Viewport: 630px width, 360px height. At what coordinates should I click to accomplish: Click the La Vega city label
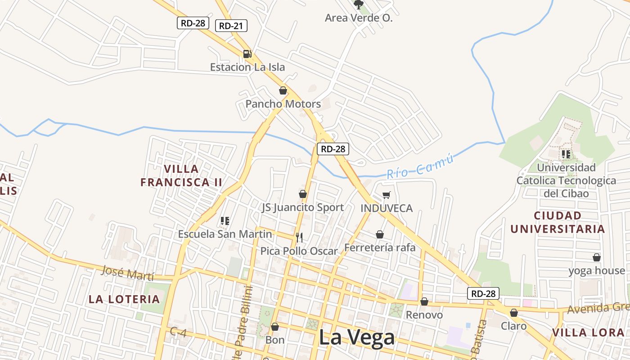(x=356, y=337)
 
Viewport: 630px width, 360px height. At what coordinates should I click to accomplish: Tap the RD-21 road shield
(x=231, y=26)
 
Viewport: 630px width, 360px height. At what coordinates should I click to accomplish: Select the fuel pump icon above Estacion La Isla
(x=247, y=54)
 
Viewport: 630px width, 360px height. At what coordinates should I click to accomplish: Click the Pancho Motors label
(x=283, y=104)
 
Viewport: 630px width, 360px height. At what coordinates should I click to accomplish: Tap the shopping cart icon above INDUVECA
(x=386, y=195)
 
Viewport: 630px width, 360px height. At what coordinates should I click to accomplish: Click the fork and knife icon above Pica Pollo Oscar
(x=299, y=238)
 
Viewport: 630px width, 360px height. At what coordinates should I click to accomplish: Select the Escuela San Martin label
(x=225, y=234)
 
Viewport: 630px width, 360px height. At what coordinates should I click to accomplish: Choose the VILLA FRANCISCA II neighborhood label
(x=181, y=175)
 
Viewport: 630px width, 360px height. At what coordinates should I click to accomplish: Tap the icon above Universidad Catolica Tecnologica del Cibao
(x=566, y=154)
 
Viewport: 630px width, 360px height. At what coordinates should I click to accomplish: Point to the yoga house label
(x=597, y=271)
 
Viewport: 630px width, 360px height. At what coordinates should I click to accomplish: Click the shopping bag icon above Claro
(x=514, y=313)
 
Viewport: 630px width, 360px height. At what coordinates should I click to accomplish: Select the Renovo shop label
(x=424, y=315)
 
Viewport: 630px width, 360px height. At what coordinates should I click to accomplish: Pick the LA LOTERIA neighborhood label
(x=124, y=299)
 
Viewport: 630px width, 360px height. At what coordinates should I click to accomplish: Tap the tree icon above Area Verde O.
(x=359, y=5)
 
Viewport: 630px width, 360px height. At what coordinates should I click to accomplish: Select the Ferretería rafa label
(x=380, y=247)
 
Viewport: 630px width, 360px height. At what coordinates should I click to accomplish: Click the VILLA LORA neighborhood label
(x=588, y=333)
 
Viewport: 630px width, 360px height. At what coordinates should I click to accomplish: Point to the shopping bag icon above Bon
(x=275, y=327)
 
